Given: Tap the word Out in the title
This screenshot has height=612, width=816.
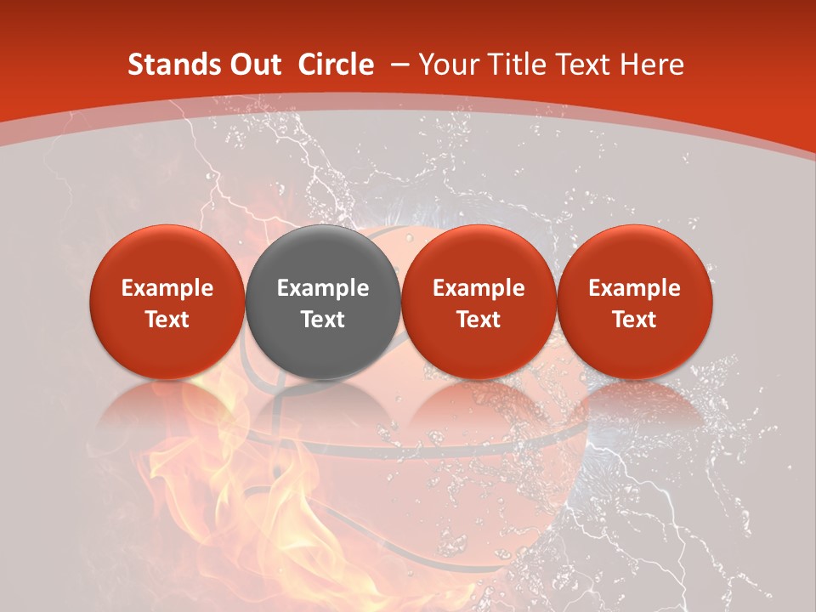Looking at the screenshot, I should coord(252,65).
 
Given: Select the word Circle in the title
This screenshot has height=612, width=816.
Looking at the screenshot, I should coord(336,65).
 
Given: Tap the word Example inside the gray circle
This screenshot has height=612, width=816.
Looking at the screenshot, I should coord(323,289).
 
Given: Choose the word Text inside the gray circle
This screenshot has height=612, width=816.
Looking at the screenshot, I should coord(323,320).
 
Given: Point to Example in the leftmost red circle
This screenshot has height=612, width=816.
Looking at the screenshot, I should coord(167,289).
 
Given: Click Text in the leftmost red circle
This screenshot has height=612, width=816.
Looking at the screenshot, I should coord(167,320).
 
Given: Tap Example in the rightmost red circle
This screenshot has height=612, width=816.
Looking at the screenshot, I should coord(634,289).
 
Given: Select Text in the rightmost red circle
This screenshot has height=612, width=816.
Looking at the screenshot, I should coord(634,320).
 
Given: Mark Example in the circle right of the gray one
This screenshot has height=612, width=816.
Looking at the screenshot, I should coord(479,289).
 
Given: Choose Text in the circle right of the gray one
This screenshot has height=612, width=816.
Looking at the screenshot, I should coord(479,320).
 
